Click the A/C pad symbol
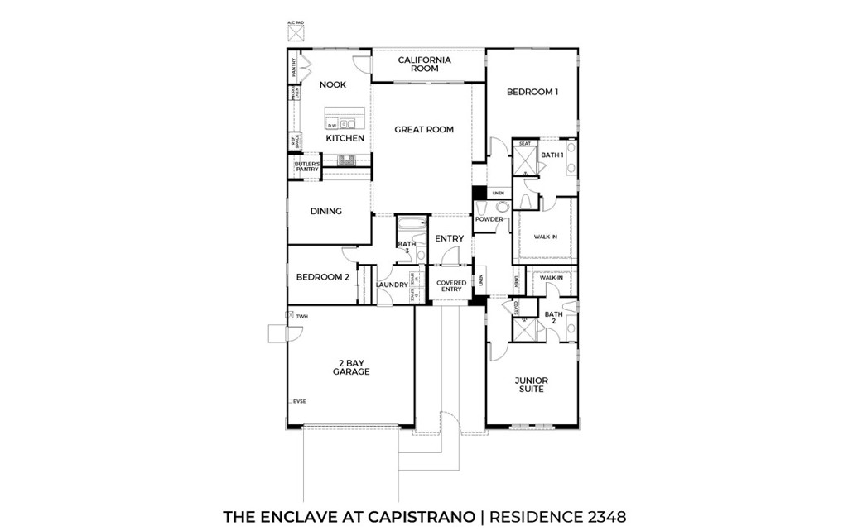pyautogui.click(x=296, y=33)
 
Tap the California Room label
pyautogui.click(x=424, y=65)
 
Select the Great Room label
pyautogui.click(x=424, y=129)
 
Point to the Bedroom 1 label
pyautogui.click(x=532, y=92)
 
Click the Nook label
pyautogui.click(x=333, y=84)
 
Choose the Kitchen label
pyautogui.click(x=344, y=138)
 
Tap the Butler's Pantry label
pyautogui.click(x=306, y=167)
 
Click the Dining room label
pyautogui.click(x=326, y=211)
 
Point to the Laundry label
pyautogui.click(x=392, y=285)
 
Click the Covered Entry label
pyautogui.click(x=451, y=286)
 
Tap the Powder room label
pyautogui.click(x=489, y=219)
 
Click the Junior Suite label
pyautogui.click(x=532, y=385)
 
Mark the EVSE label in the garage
pyautogui.click(x=299, y=401)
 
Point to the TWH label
pyautogui.click(x=301, y=316)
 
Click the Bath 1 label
pyautogui.click(x=552, y=155)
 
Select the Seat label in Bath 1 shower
pyautogui.click(x=524, y=144)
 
